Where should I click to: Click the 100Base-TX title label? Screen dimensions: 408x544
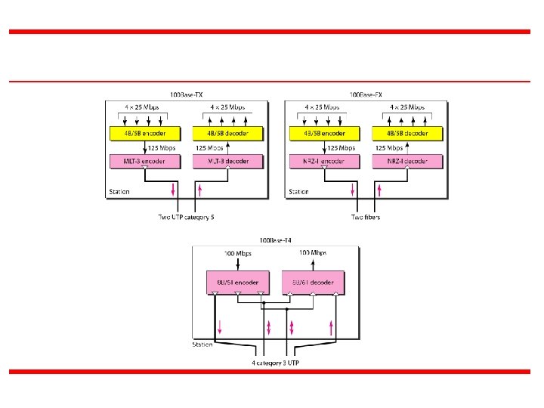point(186,94)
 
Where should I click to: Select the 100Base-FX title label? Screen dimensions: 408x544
point(365,94)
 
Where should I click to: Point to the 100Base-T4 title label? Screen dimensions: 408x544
point(274,241)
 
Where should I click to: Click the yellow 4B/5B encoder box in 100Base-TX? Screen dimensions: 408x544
point(145,134)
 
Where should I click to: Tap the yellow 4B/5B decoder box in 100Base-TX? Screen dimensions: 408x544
point(227,134)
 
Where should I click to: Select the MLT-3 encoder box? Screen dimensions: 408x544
point(145,161)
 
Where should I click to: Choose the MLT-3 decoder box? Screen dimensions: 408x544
point(227,161)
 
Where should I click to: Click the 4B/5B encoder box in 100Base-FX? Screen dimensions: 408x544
point(323,134)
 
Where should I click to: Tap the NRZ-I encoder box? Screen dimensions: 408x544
point(323,161)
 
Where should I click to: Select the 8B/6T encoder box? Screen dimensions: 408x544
point(237,282)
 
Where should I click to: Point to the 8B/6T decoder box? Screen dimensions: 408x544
point(313,282)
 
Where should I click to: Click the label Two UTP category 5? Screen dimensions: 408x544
point(186,218)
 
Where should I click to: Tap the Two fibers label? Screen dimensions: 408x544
point(365,218)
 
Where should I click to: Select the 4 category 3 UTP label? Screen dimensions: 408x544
point(275,363)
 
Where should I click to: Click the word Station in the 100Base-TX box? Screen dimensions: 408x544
point(119,192)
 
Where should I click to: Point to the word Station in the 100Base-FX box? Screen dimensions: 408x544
point(298,192)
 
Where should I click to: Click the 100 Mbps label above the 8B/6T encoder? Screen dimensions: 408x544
point(237,253)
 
